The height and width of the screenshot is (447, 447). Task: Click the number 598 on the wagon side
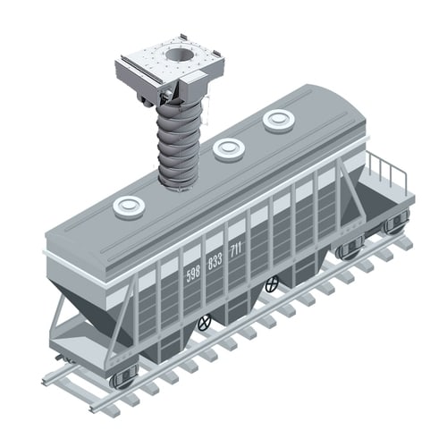tap(193, 274)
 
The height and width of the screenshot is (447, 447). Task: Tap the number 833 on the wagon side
tap(215, 261)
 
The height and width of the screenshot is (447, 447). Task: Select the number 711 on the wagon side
tap(236, 249)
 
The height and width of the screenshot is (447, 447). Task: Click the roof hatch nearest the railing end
tap(279, 121)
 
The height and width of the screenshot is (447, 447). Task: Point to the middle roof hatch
tap(229, 149)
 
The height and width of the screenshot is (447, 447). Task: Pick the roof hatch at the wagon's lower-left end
tap(129, 207)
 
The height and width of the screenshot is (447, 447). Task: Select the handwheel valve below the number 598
tap(205, 322)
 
